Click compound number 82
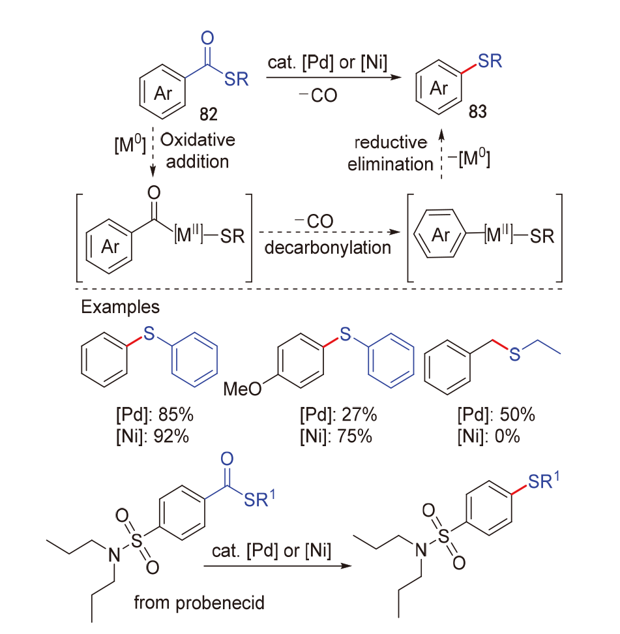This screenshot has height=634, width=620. pyautogui.click(x=209, y=114)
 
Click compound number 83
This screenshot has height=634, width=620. pyautogui.click(x=477, y=111)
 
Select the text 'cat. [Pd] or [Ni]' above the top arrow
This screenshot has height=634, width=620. pyautogui.click(x=327, y=62)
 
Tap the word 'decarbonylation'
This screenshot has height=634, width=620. pyautogui.click(x=328, y=247)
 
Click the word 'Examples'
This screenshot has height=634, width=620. pyautogui.click(x=121, y=307)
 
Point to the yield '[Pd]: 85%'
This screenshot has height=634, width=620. pyautogui.click(x=155, y=414)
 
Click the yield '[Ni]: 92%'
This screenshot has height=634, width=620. pyautogui.click(x=153, y=436)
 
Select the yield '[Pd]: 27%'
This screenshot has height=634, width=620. pyautogui.click(x=338, y=414)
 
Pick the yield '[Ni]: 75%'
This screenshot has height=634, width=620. pyautogui.click(x=336, y=436)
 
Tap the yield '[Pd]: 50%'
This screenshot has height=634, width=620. pyautogui.click(x=496, y=414)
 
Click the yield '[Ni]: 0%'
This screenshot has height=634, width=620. pyautogui.click(x=489, y=436)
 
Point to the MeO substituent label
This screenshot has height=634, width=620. pyautogui.click(x=243, y=389)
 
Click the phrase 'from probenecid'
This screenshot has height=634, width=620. pyautogui.click(x=199, y=603)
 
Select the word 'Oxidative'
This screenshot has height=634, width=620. pyautogui.click(x=198, y=140)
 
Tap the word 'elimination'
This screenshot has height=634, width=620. pyautogui.click(x=391, y=164)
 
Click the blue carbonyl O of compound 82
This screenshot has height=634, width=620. pyautogui.click(x=207, y=38)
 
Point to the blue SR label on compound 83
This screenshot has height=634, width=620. pyautogui.click(x=490, y=61)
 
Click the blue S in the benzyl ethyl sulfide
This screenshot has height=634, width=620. pyautogui.click(x=514, y=354)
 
